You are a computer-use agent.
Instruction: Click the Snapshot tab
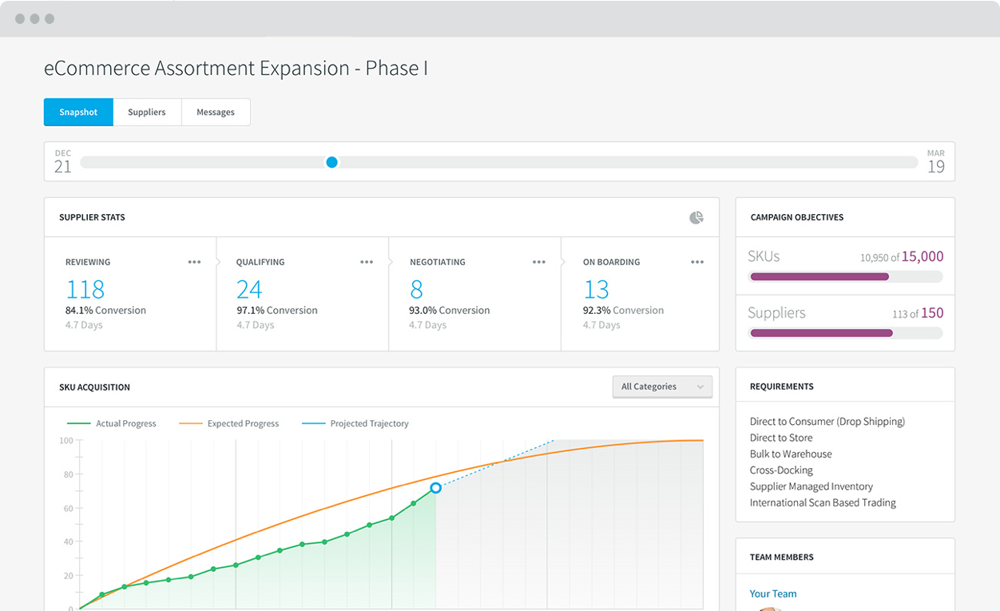tap(78, 112)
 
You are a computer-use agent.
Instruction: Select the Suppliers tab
tap(147, 112)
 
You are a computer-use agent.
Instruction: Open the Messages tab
tap(216, 112)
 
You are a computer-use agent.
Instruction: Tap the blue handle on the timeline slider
tap(331, 162)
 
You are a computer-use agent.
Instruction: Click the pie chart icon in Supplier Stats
tap(696, 217)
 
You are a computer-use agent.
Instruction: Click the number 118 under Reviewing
tap(85, 288)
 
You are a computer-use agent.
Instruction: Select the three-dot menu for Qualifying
tap(367, 262)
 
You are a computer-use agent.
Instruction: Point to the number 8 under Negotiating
tap(416, 288)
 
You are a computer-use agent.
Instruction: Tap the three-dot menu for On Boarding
tap(697, 262)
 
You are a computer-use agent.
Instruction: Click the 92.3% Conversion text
tap(623, 310)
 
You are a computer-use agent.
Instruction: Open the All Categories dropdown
tap(662, 387)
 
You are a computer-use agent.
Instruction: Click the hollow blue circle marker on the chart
tap(435, 487)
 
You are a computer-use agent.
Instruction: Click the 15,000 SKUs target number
tap(923, 256)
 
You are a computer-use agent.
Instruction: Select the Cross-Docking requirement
tap(781, 470)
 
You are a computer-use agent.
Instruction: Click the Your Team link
tap(773, 593)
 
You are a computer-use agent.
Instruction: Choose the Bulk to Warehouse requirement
tap(791, 454)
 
